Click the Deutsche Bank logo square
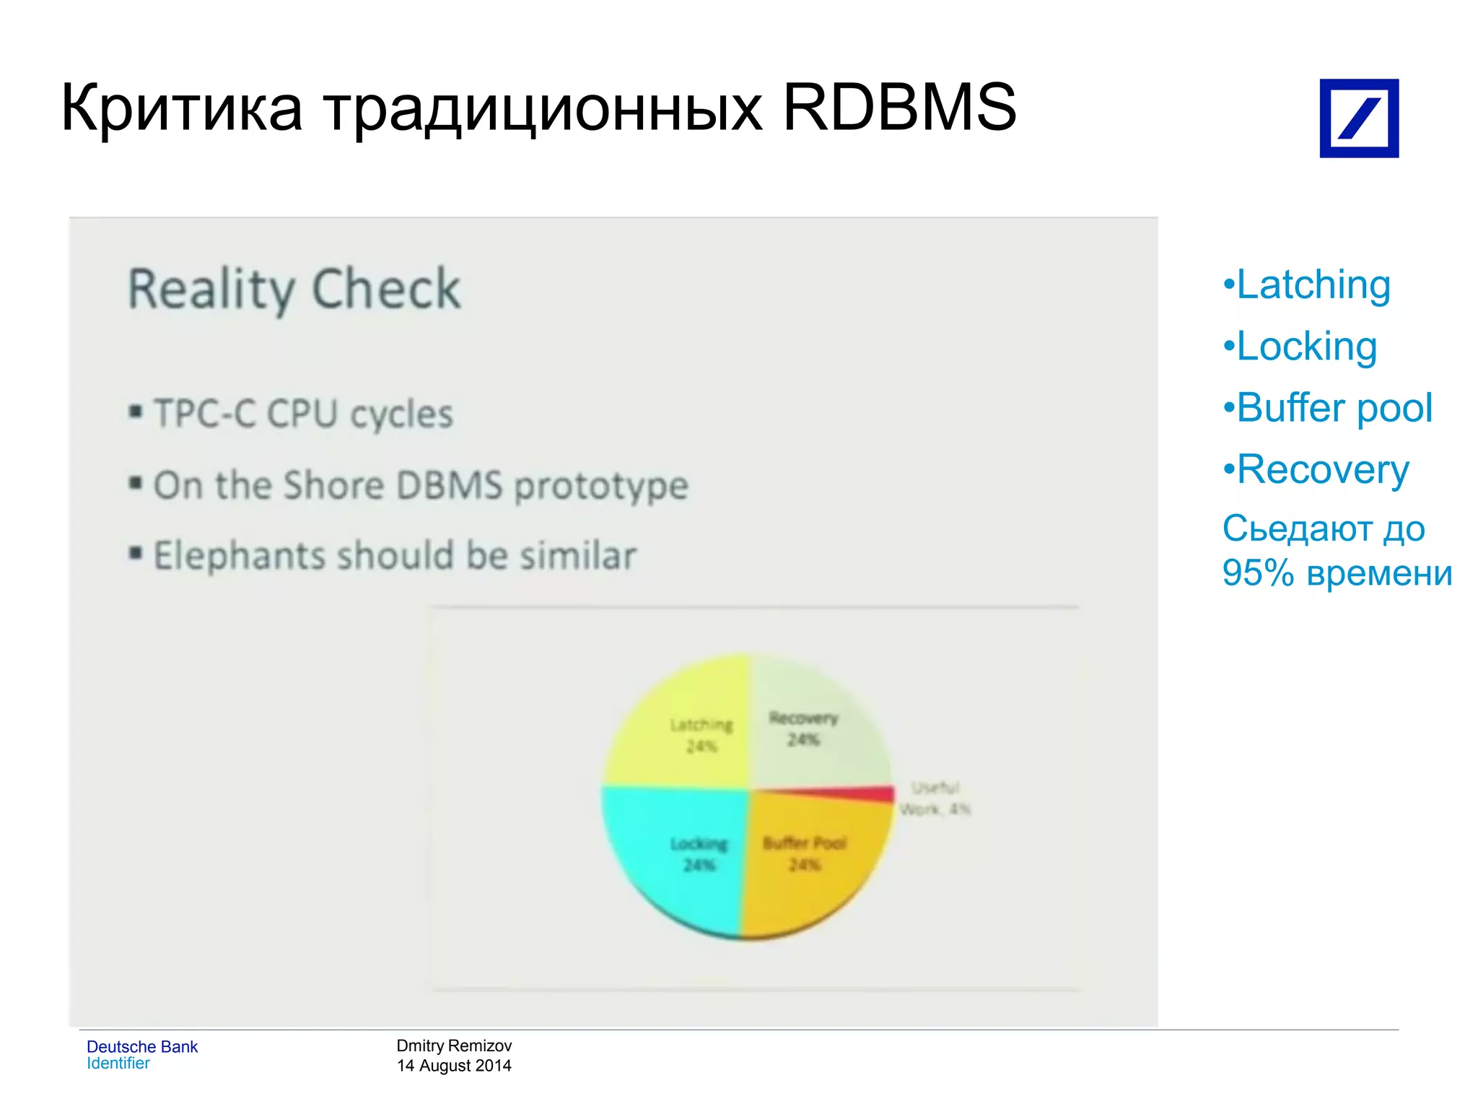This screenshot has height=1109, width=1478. point(1358,118)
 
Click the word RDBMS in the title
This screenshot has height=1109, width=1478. point(899,108)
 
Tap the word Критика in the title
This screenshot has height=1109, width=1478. point(181,108)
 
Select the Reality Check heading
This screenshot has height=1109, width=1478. point(294,289)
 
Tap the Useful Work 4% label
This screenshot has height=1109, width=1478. point(935,799)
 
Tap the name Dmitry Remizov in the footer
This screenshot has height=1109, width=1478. point(454,1045)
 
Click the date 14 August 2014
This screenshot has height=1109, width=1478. point(454,1066)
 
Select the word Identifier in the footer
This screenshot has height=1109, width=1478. point(118,1064)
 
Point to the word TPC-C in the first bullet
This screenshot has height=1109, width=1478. point(205,414)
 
